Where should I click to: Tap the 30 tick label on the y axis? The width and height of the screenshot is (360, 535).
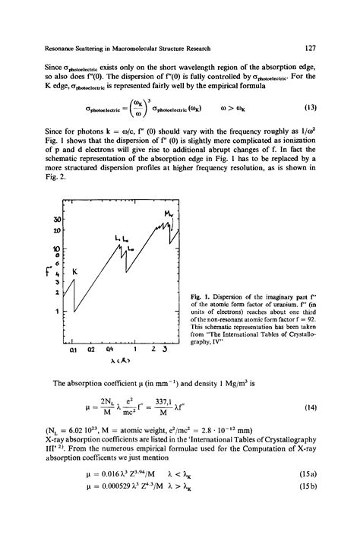(55, 220)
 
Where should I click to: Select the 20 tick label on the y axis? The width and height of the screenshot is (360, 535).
(55, 231)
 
